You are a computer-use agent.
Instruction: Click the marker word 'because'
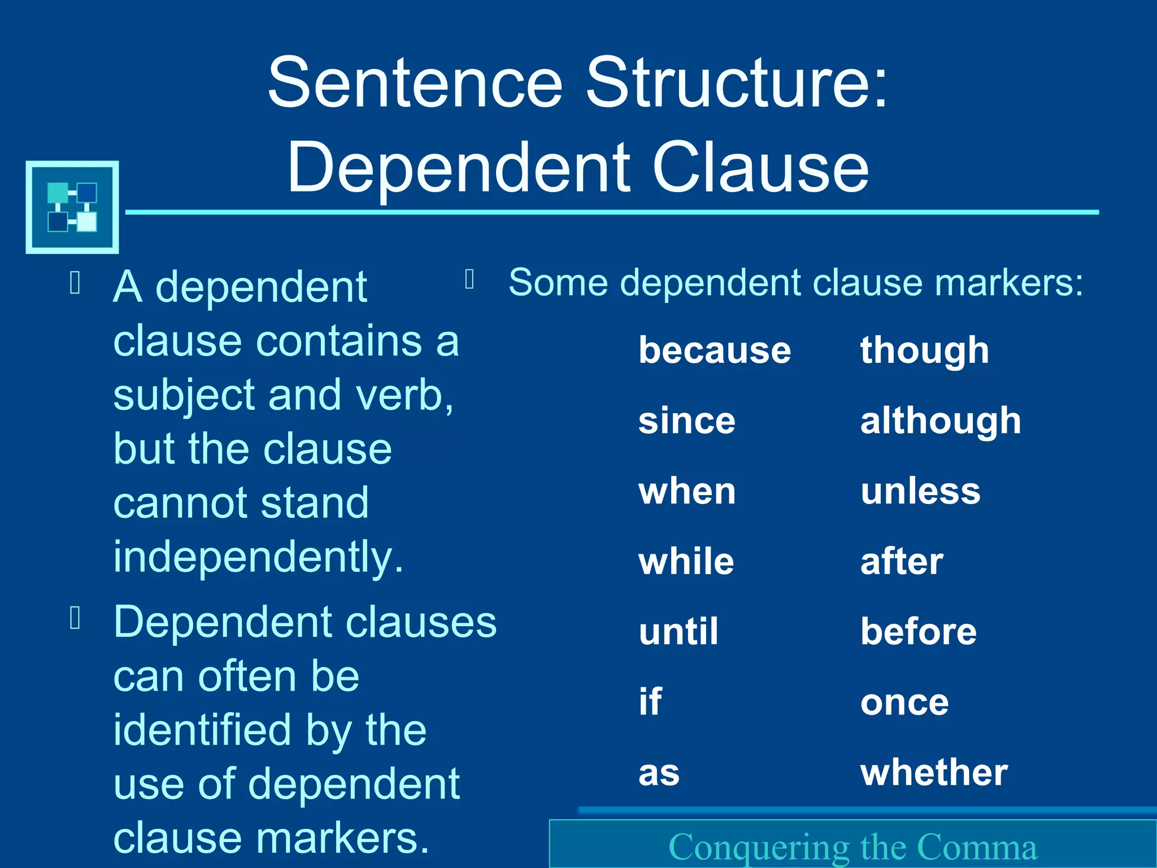pos(715,351)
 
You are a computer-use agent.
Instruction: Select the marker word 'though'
pos(924,351)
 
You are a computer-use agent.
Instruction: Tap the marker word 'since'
pos(687,421)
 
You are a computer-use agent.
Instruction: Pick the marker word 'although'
pos(941,421)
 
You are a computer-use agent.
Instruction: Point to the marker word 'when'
pos(687,491)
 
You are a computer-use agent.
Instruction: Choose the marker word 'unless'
pos(920,491)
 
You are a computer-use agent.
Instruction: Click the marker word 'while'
pos(686,562)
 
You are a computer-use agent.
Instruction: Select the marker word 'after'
pos(902,562)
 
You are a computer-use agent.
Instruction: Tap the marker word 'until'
pos(678,632)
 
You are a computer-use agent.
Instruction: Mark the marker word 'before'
pos(919,632)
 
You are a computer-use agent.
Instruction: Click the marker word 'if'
pos(650,702)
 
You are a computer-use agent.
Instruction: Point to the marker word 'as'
pos(659,773)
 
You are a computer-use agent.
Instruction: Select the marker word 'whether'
pos(934,772)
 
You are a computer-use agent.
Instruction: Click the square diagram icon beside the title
pos(72,207)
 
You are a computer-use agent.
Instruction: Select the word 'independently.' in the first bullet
pos(258,557)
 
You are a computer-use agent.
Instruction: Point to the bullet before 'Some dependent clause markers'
pos(469,279)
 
